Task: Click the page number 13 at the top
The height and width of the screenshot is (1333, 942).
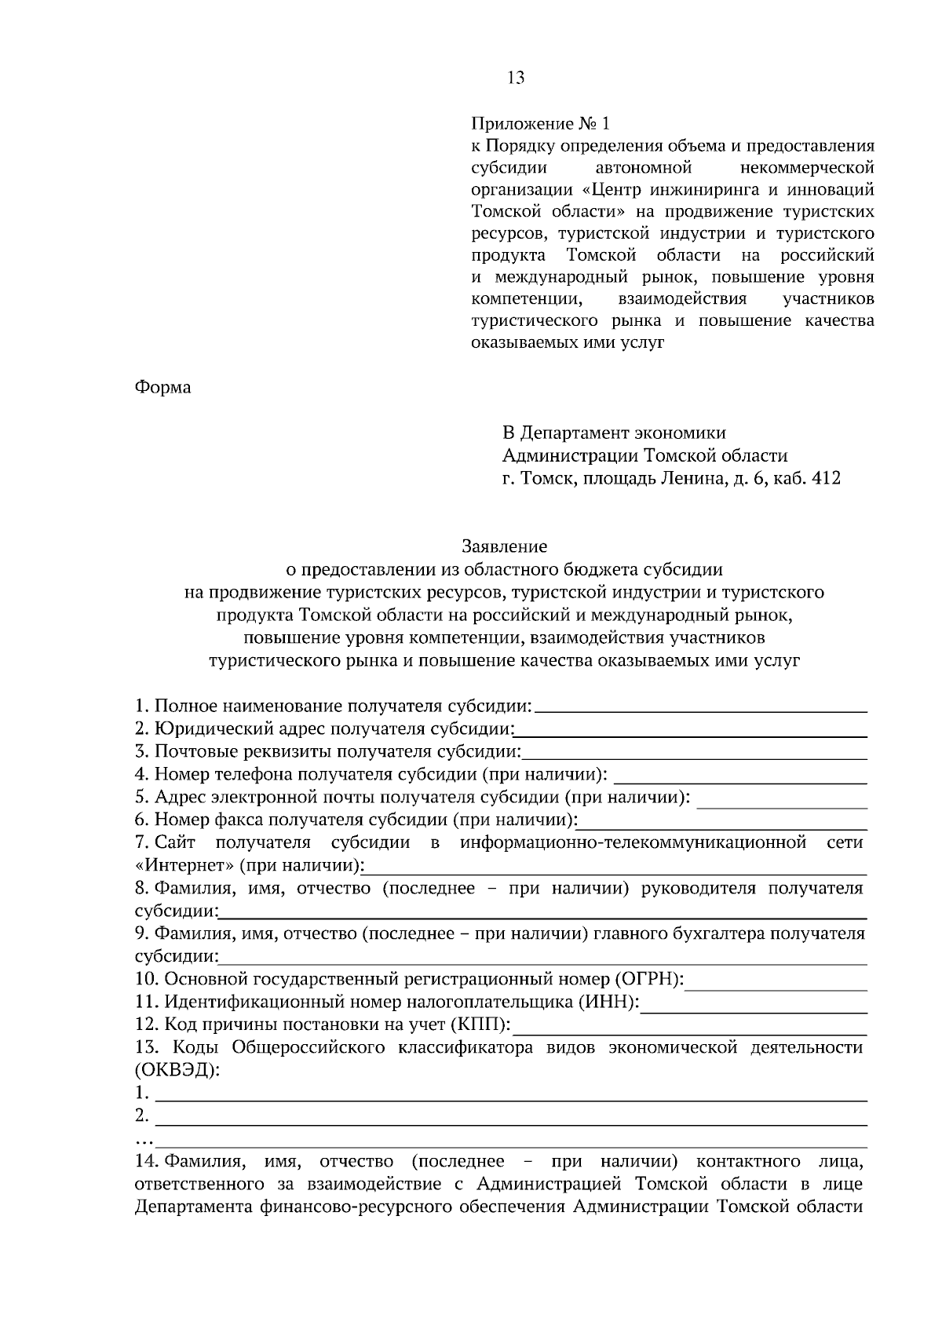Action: [x=516, y=78]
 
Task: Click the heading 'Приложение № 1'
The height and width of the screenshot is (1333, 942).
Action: [x=539, y=124]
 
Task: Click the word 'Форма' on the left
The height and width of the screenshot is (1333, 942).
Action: [x=162, y=388]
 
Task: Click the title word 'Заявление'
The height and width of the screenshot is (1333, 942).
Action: [x=504, y=546]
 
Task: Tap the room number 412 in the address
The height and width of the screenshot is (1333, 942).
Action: [x=826, y=478]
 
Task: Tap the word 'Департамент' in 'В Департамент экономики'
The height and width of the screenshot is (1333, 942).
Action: [x=570, y=433]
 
